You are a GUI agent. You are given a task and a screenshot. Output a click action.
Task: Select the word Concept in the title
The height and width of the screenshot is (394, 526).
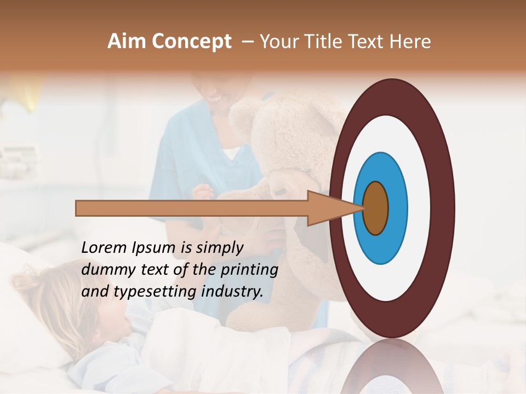coord(191,42)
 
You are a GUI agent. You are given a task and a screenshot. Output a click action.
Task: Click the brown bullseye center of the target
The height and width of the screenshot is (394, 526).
coord(375,208)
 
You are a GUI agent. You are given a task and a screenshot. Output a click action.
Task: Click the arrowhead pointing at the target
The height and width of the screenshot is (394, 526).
coord(329,208)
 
